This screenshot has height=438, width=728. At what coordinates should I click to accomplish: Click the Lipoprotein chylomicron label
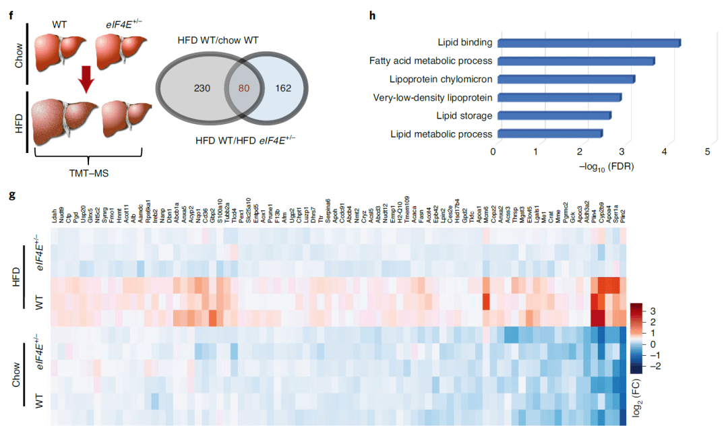(x=441, y=80)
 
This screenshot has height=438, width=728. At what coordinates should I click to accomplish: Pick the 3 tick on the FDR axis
(x=622, y=152)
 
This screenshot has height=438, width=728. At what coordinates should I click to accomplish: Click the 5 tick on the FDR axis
(x=708, y=152)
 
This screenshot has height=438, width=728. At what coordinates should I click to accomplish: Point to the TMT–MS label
(x=90, y=173)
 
